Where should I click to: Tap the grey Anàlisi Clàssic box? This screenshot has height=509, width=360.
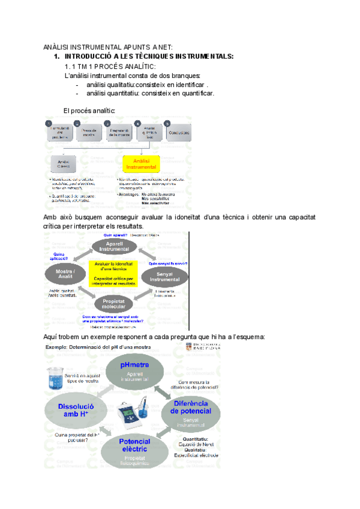(x=63, y=164)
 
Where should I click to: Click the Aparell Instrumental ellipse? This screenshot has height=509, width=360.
(x=113, y=247)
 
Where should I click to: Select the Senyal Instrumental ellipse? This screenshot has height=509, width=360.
(x=164, y=276)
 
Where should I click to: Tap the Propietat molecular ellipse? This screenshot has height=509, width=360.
(x=113, y=304)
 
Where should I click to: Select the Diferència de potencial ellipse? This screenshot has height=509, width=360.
(x=190, y=411)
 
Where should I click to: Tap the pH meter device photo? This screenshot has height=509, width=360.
(x=134, y=414)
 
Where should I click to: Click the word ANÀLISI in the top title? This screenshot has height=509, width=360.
(x=58, y=47)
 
